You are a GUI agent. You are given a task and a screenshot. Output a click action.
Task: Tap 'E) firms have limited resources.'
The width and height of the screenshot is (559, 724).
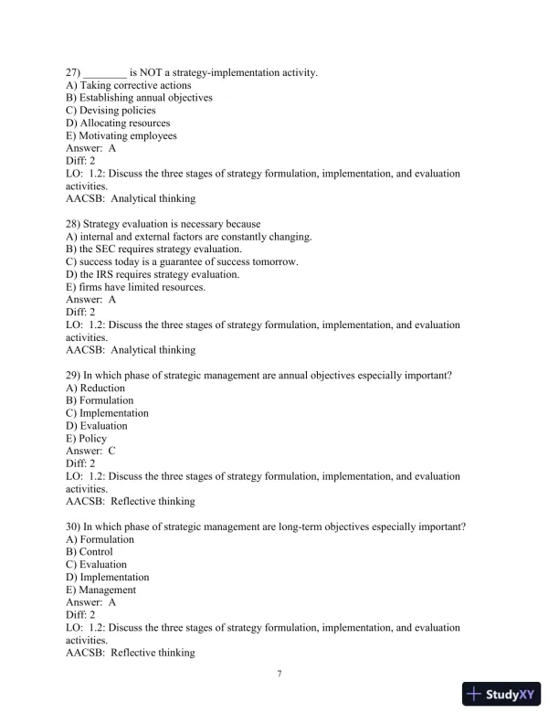tap(136, 287)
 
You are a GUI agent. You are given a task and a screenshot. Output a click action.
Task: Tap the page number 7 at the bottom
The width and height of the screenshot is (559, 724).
tap(279, 674)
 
